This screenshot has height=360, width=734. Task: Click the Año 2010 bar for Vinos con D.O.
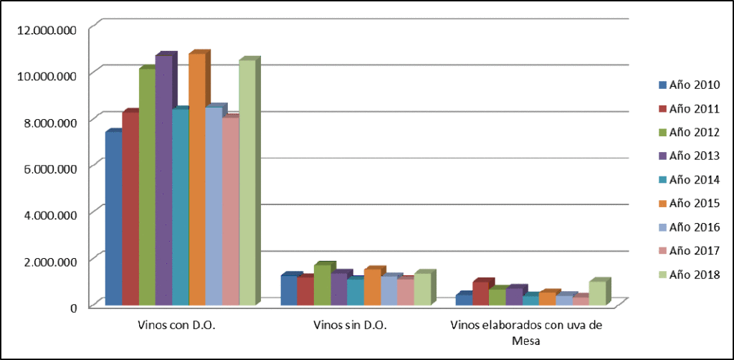pyautogui.click(x=113, y=219)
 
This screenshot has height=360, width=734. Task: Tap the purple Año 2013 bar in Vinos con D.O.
pyautogui.click(x=163, y=179)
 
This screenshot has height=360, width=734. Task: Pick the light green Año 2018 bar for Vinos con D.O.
pyautogui.click(x=247, y=183)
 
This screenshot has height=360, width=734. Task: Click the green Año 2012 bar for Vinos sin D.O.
pyautogui.click(x=322, y=285)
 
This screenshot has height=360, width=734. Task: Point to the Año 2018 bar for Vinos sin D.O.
pyautogui.click(x=421, y=290)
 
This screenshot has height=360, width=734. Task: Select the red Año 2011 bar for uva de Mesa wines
pyautogui.click(x=480, y=294)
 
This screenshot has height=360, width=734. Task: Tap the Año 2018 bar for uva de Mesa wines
pyautogui.click(x=596, y=293)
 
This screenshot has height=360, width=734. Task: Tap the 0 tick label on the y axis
pyautogui.click(x=73, y=308)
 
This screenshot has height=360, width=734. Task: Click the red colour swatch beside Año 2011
pyautogui.click(x=662, y=109)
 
